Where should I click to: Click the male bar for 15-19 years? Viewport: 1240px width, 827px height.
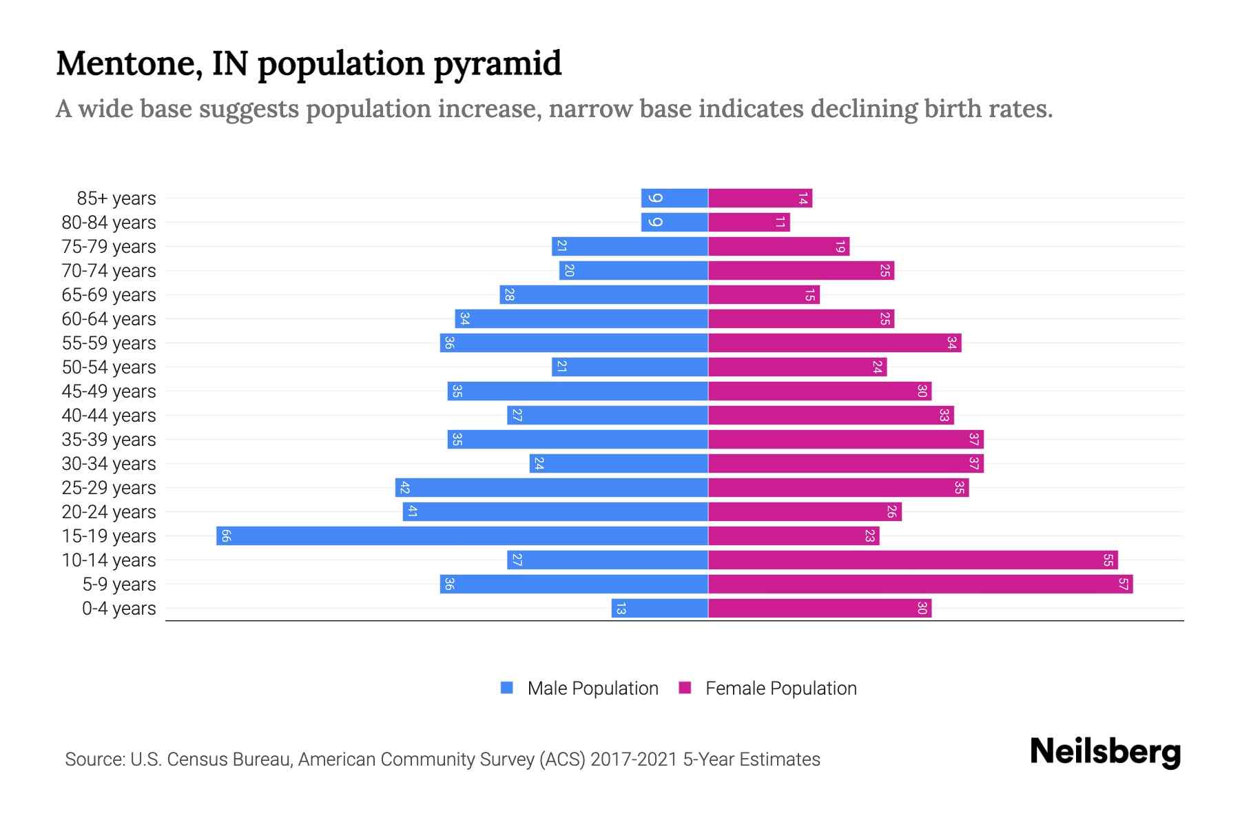pos(462,535)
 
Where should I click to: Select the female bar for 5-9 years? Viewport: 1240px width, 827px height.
pos(920,584)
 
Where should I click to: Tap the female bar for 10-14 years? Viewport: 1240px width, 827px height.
pos(913,560)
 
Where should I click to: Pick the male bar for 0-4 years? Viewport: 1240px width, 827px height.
pos(659,608)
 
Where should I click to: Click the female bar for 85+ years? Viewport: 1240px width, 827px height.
pos(760,198)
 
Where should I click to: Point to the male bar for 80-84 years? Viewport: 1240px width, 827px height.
pos(674,222)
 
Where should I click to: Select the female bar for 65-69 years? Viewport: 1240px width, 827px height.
pos(763,294)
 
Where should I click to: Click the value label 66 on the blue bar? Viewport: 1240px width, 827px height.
pos(225,535)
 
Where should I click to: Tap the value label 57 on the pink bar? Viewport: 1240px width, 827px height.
pos(1123,584)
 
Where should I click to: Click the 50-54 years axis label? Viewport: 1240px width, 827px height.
pos(109,367)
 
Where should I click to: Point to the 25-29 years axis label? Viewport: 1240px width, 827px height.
pos(109,487)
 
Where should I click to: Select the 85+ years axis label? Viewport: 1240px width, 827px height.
pos(116,198)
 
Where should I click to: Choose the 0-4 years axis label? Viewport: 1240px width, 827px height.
pos(118,608)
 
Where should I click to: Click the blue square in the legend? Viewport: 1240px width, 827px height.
pos(507,688)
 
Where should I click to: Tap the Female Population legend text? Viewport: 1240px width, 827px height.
pos(781,688)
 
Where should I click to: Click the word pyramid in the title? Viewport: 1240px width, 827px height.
pos(497,64)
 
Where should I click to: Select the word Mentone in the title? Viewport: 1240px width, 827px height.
pos(129,63)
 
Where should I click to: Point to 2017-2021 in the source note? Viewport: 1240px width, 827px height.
pos(633,759)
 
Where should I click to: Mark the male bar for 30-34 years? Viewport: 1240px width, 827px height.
pos(618,463)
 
